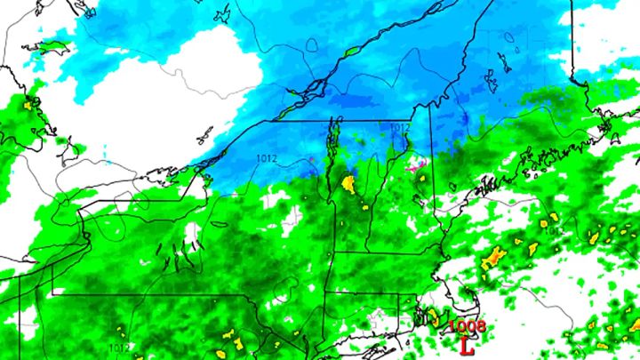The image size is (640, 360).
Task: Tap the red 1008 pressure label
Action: [468, 326]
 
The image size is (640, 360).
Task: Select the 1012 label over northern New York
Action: [266, 158]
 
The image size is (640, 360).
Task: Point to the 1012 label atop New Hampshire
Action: [399, 128]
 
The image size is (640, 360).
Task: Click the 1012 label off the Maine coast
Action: [553, 230]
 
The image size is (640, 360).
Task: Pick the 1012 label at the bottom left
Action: [118, 348]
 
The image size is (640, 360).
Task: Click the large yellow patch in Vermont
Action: [349, 184]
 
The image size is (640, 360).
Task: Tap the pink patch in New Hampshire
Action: [413, 165]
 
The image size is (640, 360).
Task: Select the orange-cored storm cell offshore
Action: [494, 259]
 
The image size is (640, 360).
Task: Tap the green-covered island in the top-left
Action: [55, 45]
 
